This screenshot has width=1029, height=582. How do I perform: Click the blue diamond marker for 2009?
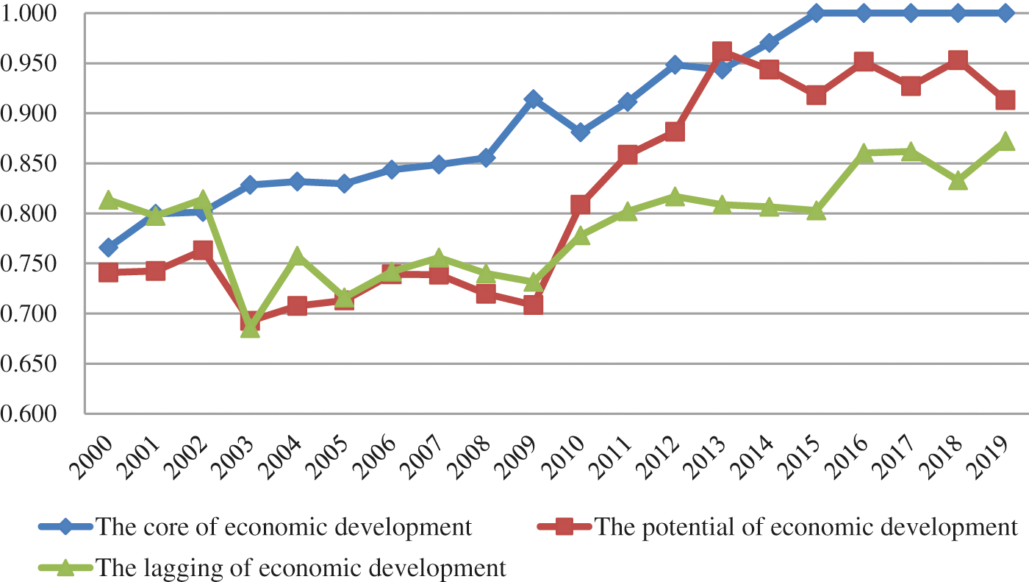(x=534, y=99)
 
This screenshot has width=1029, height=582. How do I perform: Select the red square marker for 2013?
(x=722, y=52)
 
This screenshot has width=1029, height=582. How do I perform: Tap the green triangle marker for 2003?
(x=250, y=328)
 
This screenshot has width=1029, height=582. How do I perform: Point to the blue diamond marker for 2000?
(x=109, y=246)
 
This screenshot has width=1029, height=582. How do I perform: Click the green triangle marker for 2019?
(x=1005, y=141)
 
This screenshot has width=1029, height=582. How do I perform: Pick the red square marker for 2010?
(x=581, y=205)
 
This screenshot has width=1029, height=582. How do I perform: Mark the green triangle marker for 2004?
(x=297, y=257)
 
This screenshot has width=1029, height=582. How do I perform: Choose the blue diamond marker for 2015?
(x=816, y=13)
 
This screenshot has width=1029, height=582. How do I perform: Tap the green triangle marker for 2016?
(x=863, y=154)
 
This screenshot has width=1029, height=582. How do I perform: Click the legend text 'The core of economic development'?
(x=284, y=527)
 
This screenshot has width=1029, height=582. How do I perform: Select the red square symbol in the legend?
(x=564, y=527)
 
